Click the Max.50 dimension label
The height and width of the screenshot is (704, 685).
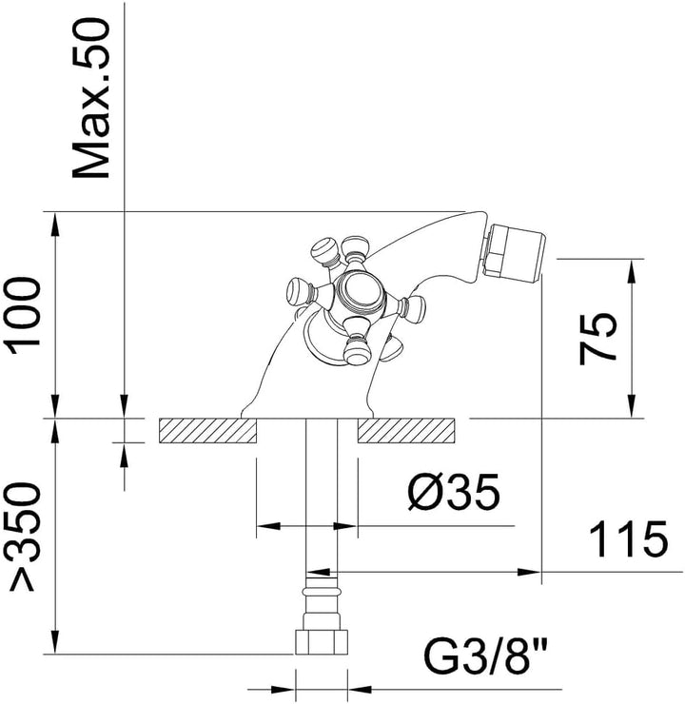pos(91,99)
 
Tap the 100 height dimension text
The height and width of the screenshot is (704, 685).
pos(21,316)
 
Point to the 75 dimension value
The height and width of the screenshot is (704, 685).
pos(597,338)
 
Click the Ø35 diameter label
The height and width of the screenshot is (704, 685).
pos(454,492)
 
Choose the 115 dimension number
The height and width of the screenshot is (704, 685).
pos(629,538)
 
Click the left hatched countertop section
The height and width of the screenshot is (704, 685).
pos(207,431)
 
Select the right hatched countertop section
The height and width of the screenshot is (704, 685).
pos(406,431)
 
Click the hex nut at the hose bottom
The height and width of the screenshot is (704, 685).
pos(322,642)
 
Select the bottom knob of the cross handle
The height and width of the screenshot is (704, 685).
pos(358,346)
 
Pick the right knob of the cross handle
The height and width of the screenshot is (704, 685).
pos(414,306)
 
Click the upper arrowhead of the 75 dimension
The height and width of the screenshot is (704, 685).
pos(632,271)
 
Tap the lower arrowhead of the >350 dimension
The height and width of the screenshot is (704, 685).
pos(55,642)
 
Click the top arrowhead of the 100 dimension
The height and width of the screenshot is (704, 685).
pos(55,224)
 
